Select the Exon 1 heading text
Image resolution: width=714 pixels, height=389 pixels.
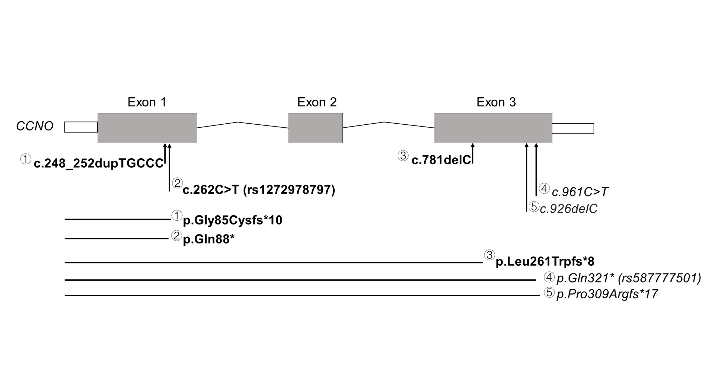[x=147, y=102]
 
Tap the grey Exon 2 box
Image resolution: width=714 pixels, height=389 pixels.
[x=315, y=128]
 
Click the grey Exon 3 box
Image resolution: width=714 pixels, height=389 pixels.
[x=493, y=128]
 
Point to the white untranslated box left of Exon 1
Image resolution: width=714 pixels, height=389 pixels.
[x=81, y=127]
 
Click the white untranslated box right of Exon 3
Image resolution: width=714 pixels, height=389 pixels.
[x=573, y=128]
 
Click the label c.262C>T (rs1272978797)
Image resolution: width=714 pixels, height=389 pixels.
[x=259, y=190]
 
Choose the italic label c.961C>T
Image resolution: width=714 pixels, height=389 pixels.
[x=580, y=192]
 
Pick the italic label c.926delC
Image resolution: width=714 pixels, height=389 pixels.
[x=569, y=209]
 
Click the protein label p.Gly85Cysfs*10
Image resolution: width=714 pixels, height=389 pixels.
[x=233, y=220]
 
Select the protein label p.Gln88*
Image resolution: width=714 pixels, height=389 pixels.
[x=209, y=239]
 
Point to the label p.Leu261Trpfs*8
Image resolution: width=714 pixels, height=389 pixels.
[x=545, y=261]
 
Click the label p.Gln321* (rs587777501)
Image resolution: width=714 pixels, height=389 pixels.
[x=629, y=278]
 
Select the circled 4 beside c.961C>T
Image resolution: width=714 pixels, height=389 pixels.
[x=544, y=189]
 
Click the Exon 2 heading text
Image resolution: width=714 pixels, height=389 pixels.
[x=317, y=102]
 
